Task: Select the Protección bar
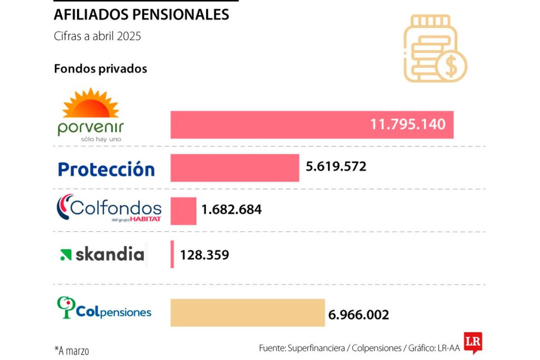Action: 235,168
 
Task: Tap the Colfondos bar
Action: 184,211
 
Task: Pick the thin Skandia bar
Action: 172,254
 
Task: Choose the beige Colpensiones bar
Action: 247,313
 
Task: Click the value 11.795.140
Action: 408,125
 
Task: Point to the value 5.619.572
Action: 336,167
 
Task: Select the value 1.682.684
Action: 232,210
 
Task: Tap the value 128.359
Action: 205,255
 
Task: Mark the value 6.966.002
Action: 359,315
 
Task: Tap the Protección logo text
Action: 106,169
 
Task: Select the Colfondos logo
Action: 109,209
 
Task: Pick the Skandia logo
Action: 102,255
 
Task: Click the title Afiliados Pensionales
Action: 141,15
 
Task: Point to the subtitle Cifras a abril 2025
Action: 98,36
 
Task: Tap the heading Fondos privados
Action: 100,69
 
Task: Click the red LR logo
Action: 472,342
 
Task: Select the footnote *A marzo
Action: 72,349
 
